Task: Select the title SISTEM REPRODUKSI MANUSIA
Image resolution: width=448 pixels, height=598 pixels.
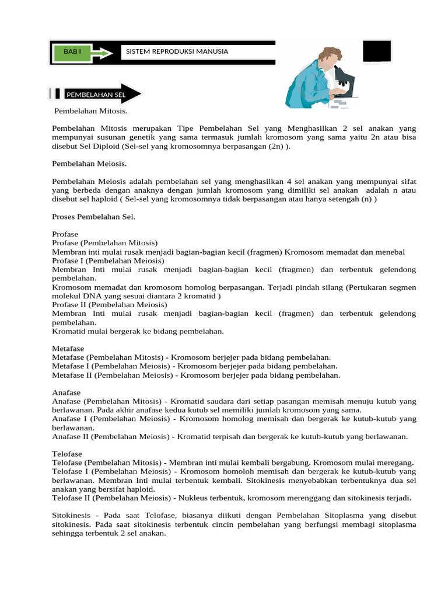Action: click(x=177, y=52)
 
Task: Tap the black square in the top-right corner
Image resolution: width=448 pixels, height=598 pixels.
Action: click(x=377, y=51)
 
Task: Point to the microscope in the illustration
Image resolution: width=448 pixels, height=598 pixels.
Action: click(x=344, y=82)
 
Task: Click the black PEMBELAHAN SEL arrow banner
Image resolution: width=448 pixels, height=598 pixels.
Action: click(x=101, y=94)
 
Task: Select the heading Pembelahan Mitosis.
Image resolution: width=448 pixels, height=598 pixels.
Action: click(x=90, y=110)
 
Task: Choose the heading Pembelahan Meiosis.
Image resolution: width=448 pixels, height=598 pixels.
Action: click(x=89, y=164)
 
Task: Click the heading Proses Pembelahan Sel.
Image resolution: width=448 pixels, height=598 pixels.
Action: click(x=93, y=217)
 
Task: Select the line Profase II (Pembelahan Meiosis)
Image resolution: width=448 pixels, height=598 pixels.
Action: click(x=109, y=305)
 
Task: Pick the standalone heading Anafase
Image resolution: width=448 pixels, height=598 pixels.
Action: click(x=66, y=392)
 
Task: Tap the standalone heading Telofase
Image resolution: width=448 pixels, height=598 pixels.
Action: click(x=67, y=454)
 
